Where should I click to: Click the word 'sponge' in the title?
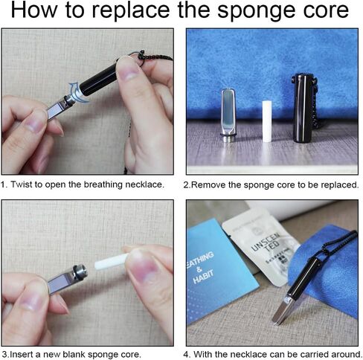pos(258,11)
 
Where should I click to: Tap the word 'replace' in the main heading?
pos(131,10)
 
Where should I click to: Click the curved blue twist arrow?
pos(78,93)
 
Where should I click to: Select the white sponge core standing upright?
pos(267,121)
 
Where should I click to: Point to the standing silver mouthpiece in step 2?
pos(228,115)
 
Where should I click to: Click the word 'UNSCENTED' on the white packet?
pos(266,242)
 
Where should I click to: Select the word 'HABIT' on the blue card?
pos(203,277)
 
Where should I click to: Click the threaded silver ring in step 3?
pos(80,272)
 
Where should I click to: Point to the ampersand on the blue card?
pos(199,269)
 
